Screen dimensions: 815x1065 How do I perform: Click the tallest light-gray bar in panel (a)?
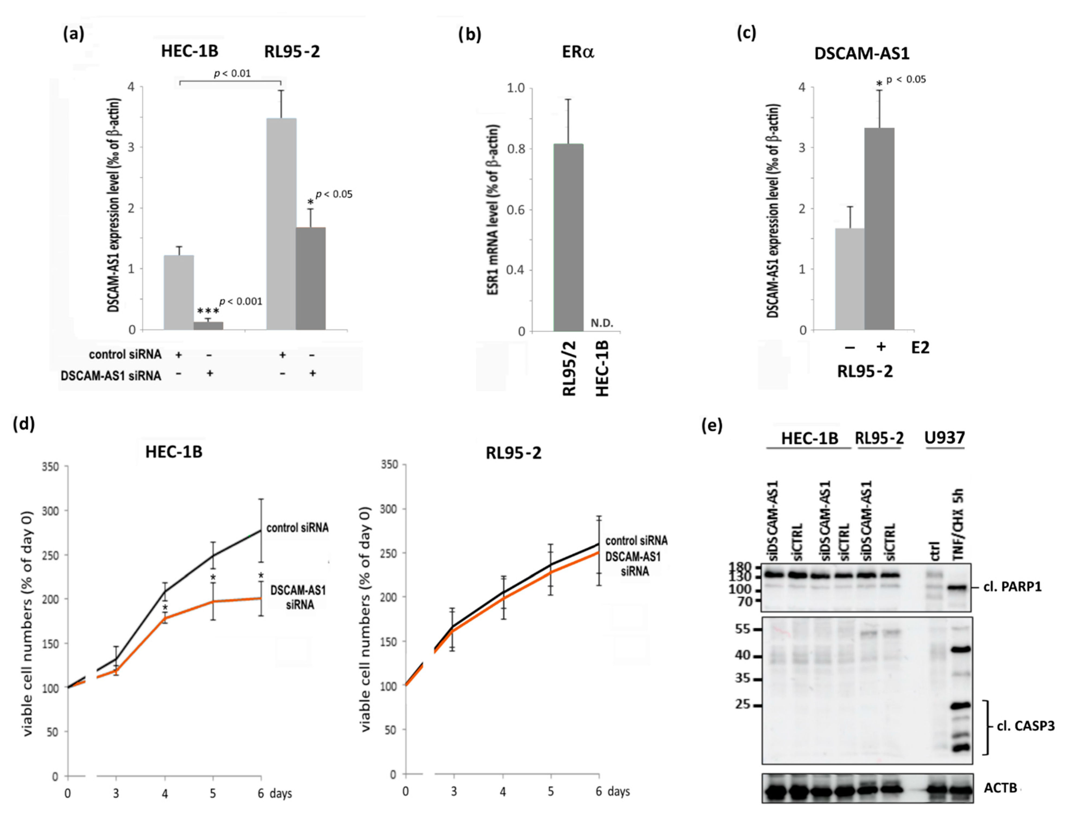[281, 224]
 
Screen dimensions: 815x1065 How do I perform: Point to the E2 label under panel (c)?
[920, 347]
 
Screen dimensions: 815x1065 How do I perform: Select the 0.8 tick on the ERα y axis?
[516, 149]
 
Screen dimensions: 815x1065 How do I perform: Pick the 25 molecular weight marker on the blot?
[743, 704]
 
